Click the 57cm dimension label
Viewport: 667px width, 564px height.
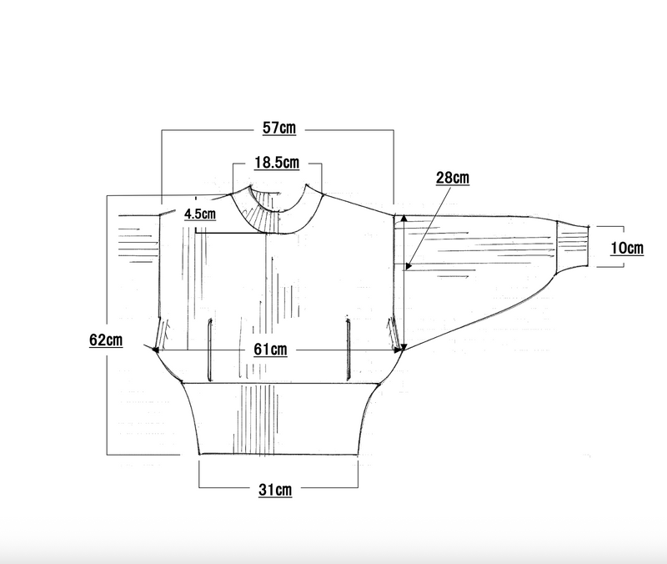coord(279,128)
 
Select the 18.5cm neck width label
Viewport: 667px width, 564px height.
coord(277,163)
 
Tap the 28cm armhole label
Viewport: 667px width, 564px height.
coord(453,178)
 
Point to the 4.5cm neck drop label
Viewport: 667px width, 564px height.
coord(200,214)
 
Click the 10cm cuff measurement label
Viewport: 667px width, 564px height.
coord(627,248)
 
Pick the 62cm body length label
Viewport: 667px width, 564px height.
coord(106,340)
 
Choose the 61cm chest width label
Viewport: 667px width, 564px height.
coord(270,350)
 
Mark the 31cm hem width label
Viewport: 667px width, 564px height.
coord(275,490)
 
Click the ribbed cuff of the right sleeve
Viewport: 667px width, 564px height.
coord(573,245)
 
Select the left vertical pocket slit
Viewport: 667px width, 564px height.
coord(210,350)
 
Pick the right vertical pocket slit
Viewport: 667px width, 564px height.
coord(349,348)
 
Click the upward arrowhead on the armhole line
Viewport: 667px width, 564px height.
coord(404,219)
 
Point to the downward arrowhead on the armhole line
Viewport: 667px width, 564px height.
coord(404,347)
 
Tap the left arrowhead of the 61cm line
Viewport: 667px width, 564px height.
coord(156,350)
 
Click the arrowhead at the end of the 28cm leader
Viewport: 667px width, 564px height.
coord(409,265)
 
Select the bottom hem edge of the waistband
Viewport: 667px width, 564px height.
coord(278,454)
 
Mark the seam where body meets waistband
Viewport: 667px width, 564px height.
coord(280,383)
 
